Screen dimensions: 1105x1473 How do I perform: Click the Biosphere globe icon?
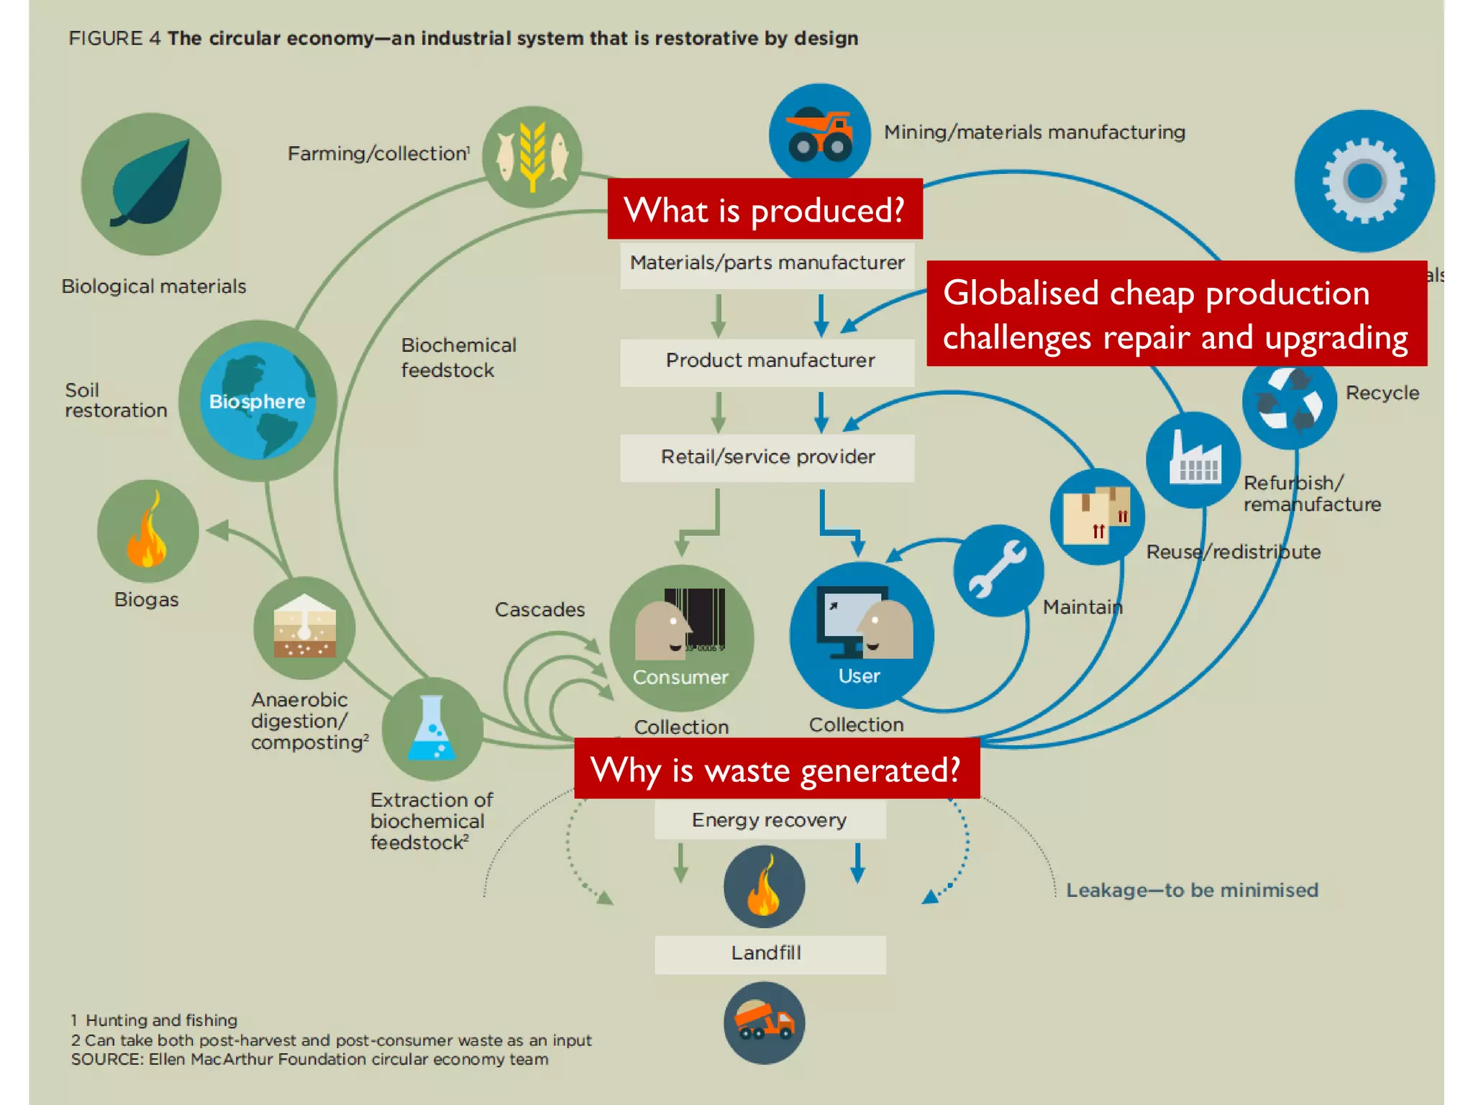[257, 401]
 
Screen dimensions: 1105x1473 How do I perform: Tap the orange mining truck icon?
[820, 134]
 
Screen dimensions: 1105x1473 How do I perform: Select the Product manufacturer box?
[767, 360]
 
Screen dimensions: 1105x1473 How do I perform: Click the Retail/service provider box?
[767, 458]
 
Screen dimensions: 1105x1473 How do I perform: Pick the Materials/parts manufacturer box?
[767, 263]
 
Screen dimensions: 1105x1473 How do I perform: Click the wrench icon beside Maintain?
[998, 570]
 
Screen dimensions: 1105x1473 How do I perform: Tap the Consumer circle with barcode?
[681, 637]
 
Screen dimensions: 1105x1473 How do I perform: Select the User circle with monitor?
[861, 635]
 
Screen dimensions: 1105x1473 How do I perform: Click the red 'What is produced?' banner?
[765, 209]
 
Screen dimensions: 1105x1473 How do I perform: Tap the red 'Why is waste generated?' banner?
[777, 769]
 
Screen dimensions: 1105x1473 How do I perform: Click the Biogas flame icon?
[148, 531]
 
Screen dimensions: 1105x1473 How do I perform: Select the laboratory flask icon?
[432, 729]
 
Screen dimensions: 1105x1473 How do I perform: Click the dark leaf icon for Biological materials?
[151, 184]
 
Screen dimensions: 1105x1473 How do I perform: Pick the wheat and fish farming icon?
[532, 157]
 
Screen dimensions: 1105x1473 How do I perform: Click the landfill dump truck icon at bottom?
[764, 1022]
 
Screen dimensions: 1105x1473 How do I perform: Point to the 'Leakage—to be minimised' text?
[1192, 891]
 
